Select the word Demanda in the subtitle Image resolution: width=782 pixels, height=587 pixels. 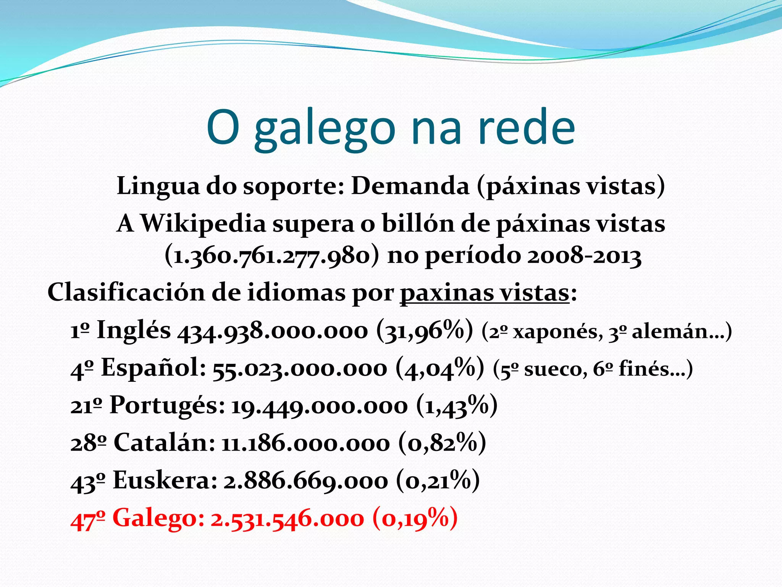pyautogui.click(x=410, y=186)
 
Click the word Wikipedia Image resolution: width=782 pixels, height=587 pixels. pyautogui.click(x=203, y=223)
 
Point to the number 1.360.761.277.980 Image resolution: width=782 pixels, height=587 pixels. pyautogui.click(x=272, y=256)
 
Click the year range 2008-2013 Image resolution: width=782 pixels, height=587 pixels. pyautogui.click(x=584, y=256)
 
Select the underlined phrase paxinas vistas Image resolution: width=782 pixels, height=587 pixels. pyautogui.click(x=485, y=293)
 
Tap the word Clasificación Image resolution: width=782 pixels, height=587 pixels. pyautogui.click(x=126, y=293)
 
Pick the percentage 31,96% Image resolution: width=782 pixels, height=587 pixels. pyautogui.click(x=424, y=330)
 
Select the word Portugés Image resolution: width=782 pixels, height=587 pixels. pyautogui.click(x=167, y=405)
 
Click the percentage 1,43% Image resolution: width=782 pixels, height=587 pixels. pyautogui.click(x=456, y=405)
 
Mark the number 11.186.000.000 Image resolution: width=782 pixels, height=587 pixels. pyautogui.click(x=305, y=443)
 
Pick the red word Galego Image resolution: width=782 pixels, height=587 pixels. pyautogui.click(x=158, y=518)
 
